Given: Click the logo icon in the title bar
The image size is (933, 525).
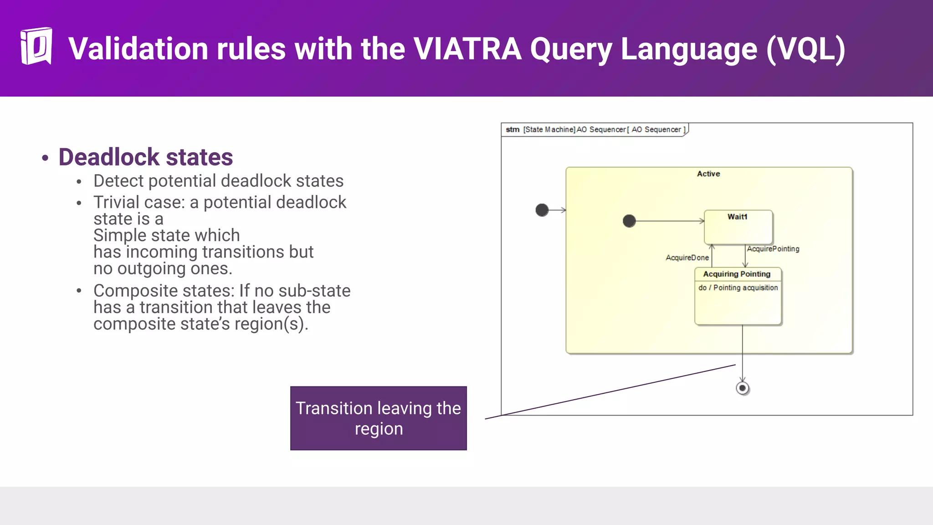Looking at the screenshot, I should point(36,46).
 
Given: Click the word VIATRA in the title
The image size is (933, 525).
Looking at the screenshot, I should point(467,49).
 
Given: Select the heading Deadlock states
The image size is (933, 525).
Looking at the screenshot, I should point(145,157).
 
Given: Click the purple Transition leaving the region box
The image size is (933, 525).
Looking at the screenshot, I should point(378,418).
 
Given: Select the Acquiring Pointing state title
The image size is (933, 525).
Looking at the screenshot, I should point(737,274).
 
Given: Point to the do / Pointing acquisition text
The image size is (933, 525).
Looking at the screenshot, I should point(738,288).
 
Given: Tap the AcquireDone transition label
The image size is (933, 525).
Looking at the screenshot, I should point(687,257).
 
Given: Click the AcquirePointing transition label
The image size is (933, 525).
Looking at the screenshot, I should point(773,249).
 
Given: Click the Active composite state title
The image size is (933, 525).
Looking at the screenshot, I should point(708,174).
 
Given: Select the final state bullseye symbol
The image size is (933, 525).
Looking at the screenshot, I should point(743,388).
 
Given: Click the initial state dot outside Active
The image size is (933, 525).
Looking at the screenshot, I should point(542,210).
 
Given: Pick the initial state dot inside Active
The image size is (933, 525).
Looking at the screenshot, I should point(629,221).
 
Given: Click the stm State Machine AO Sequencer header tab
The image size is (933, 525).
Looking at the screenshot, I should point(595,129).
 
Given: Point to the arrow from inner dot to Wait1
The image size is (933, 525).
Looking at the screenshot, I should point(670,221).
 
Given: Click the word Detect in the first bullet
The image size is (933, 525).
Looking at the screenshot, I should point(118,181).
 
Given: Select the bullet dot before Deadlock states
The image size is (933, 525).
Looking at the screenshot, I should point(45,158).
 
